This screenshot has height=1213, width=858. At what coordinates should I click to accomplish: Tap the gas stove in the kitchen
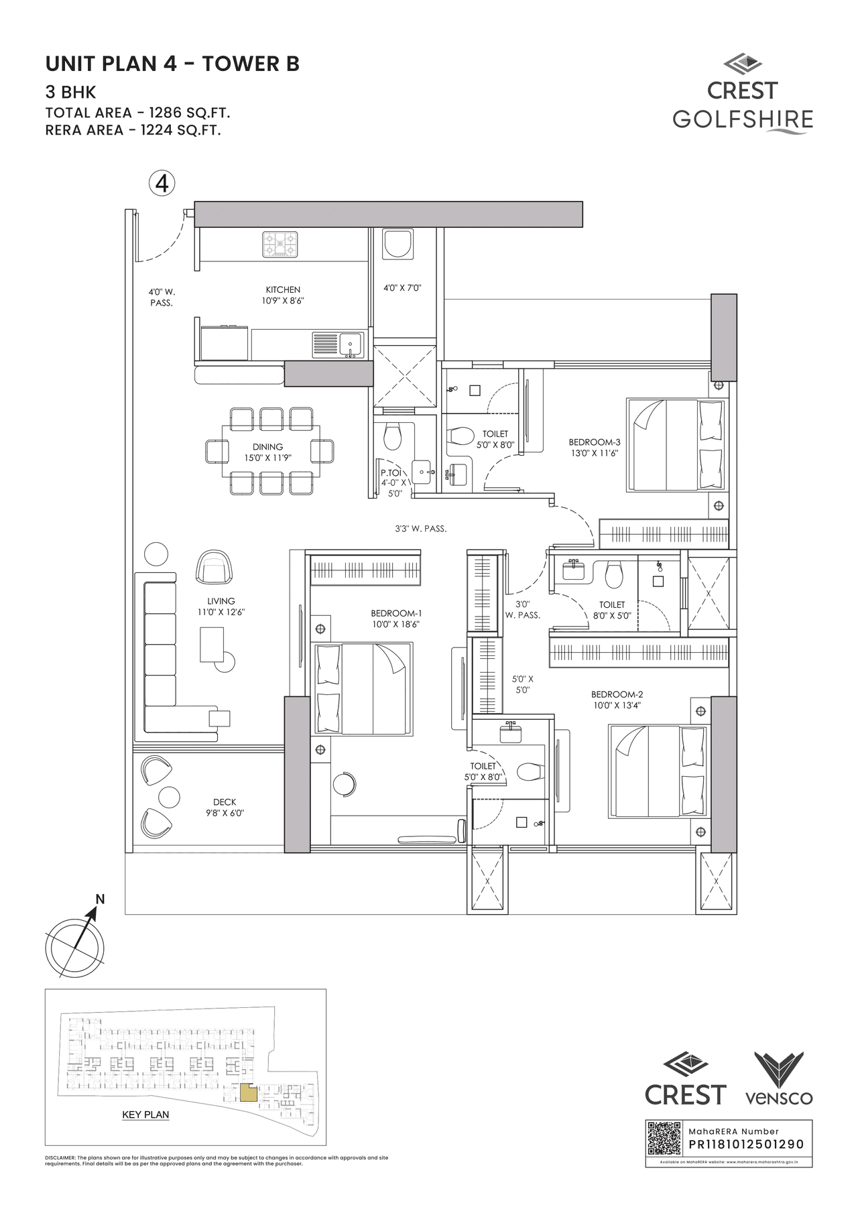pos(280,245)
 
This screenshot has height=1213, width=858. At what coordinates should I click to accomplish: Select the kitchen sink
pos(351,345)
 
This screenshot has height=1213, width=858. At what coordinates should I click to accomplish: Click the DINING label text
pos(267,447)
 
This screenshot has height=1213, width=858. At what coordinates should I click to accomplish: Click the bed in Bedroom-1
pos(363,689)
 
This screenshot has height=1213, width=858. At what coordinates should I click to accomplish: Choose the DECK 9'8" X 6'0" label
pos(225,807)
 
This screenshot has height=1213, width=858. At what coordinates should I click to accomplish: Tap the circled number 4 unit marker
pos(162,183)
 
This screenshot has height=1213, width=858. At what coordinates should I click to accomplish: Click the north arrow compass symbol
pos(75,945)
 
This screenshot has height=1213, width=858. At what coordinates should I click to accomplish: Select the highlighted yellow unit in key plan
pos(248,1093)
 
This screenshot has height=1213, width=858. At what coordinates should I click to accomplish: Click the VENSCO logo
pos(779,1079)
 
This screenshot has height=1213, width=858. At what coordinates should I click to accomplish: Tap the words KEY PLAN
pos(145,1114)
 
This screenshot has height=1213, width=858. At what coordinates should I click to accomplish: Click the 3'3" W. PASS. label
pos(420,529)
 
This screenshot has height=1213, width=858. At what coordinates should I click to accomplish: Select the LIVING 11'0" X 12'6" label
pos(221,606)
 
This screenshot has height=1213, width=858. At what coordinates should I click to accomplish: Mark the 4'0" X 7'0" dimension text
pos(402,288)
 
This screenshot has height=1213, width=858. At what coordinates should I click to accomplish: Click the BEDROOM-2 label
pos(617,700)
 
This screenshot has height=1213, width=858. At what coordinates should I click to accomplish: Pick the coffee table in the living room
pos(212,644)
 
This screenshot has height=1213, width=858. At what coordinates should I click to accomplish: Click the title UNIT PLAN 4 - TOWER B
pos(172,64)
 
